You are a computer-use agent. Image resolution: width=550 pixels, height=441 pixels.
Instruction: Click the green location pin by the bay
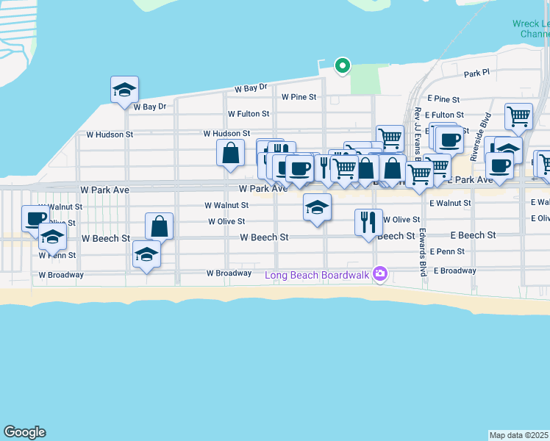tap(342, 66)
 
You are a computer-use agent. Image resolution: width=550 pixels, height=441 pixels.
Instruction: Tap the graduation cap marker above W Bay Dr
tap(125, 90)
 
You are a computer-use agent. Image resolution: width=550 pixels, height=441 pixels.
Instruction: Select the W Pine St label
tap(299, 97)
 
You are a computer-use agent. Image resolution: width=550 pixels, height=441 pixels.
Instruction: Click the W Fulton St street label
tap(249, 115)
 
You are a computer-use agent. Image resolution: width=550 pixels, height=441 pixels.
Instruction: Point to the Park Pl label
tap(476, 74)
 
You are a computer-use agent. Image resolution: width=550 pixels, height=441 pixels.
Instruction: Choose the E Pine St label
tap(442, 98)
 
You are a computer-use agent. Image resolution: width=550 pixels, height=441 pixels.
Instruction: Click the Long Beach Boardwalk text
tap(318, 276)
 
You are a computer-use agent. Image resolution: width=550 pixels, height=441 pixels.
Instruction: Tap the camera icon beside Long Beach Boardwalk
tap(380, 274)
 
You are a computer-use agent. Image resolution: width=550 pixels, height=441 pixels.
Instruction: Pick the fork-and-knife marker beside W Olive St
tap(368, 222)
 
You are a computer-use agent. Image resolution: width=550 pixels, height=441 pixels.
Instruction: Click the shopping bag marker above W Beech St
tap(159, 226)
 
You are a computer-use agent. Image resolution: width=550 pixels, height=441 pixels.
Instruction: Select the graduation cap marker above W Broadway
tap(146, 255)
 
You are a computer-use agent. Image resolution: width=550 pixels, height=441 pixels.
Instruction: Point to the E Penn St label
tap(448, 251)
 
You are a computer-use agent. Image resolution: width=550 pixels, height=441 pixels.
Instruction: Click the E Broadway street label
tap(454, 271)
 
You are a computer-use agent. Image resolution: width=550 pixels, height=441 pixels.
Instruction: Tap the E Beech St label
tap(473, 235)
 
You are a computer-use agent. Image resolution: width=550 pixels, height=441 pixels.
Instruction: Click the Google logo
tap(24, 432)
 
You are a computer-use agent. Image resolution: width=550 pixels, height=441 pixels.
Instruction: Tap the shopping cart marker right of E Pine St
tap(519, 116)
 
